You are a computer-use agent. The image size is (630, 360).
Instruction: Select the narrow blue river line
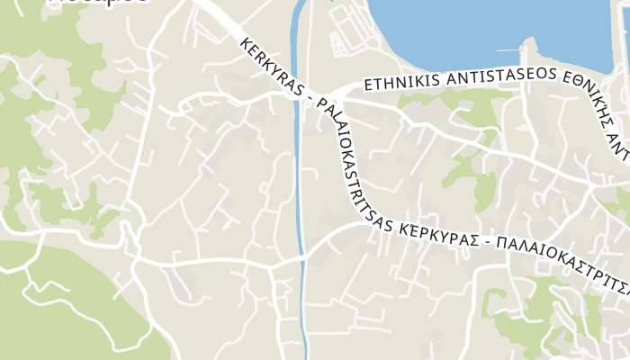coord(298,162)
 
